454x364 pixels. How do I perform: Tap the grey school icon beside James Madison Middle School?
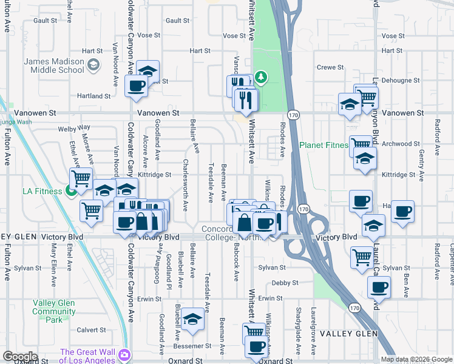pyautogui.click(x=93, y=65)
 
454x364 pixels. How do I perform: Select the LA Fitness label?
pyautogui.click(x=42, y=191)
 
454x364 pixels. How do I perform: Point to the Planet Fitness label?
pyautogui.click(x=324, y=145)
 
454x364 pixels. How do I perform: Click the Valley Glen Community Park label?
pyautogui.click(x=54, y=312)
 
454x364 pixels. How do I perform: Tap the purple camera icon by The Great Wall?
pyautogui.click(x=124, y=355)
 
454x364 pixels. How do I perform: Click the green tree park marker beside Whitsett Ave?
pyautogui.click(x=260, y=77)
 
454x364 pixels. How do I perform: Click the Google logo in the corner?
pyautogui.click(x=20, y=356)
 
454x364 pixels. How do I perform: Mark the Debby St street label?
pyautogui.click(x=285, y=283)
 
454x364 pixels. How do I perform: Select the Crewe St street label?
pyautogui.click(x=331, y=67)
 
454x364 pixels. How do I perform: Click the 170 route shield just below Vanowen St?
pyautogui.click(x=293, y=115)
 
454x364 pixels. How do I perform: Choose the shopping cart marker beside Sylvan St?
pyautogui.click(x=362, y=256)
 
